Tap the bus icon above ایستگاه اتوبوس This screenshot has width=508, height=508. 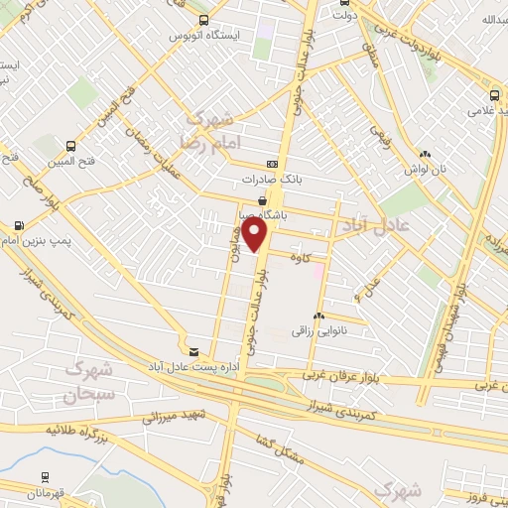tap(203, 20)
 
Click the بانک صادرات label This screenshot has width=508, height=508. tap(269, 181)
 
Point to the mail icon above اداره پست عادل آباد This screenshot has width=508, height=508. tap(193, 351)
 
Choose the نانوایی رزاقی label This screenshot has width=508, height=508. tap(316, 330)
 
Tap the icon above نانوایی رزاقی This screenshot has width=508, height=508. tap(317, 316)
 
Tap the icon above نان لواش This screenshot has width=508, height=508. tap(425, 154)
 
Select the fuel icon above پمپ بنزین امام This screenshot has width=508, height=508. tap(22, 224)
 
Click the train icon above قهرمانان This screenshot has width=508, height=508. tap(46, 476)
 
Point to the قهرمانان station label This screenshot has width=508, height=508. tap(48, 492)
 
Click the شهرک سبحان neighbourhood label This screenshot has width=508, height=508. tap(89, 381)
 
